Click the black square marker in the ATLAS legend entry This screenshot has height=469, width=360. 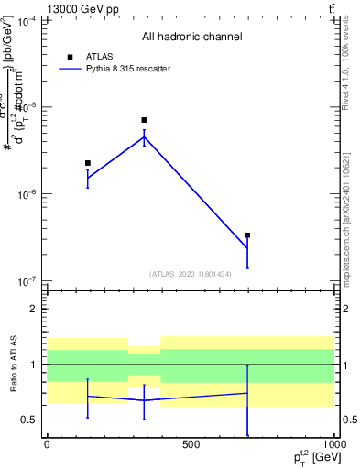[x=70, y=57]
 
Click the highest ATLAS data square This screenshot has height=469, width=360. [x=144, y=120]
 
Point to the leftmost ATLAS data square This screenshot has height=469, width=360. [x=88, y=163]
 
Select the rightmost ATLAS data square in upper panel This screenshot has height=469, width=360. [x=247, y=235]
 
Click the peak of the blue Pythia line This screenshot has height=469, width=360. [x=144, y=136]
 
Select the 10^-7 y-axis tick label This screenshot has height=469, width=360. [x=26, y=281]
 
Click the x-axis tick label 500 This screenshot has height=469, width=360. [x=191, y=445]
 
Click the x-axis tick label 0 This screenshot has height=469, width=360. [x=47, y=445]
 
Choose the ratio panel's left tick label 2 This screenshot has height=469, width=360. [x=34, y=310]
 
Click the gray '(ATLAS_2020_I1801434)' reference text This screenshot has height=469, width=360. [x=191, y=274]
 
